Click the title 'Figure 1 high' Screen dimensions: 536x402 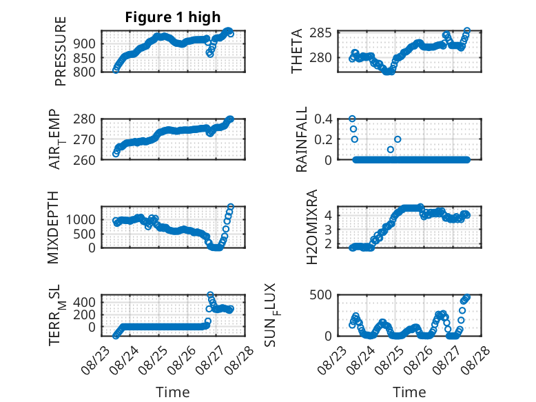point(173,17)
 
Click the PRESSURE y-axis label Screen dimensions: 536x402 point(60,51)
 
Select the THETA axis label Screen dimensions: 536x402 point(297,51)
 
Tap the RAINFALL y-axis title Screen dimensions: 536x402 point(302,139)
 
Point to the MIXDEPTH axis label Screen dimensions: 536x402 point(53,227)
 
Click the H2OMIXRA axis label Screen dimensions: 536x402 point(312,227)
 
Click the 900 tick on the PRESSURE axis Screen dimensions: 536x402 point(85,44)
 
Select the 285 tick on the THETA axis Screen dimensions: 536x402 point(320,33)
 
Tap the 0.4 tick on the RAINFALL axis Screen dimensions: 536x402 point(323,119)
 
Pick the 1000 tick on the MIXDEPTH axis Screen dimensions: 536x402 point(81,219)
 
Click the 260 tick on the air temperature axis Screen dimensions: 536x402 point(85,160)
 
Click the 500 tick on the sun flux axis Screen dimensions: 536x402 point(320,294)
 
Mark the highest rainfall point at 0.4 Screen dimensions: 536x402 point(352,119)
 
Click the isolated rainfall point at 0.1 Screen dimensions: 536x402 point(391,150)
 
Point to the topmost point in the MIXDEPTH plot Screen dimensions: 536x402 point(231,207)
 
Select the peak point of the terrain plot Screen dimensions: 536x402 point(210,294)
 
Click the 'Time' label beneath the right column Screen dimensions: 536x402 point(409,392)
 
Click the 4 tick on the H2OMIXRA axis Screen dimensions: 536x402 point(328,215)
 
